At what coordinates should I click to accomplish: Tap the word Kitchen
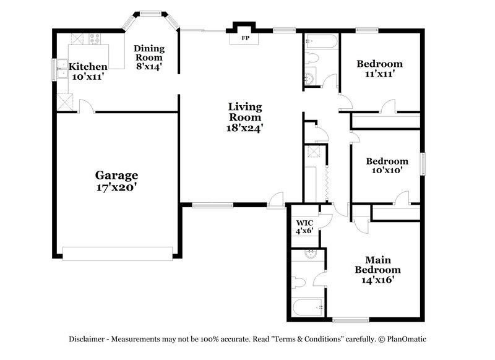tap(88, 67)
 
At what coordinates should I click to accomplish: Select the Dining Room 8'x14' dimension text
tap(149, 66)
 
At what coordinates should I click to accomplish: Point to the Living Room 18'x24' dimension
tap(245, 128)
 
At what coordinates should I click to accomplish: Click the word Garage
tap(116, 175)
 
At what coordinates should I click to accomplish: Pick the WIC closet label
tap(304, 223)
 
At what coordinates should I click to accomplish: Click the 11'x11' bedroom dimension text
tap(379, 74)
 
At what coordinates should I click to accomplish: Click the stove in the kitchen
tap(95, 38)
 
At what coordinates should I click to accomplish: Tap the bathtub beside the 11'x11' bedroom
tap(321, 42)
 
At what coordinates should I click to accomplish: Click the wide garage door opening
tap(118, 254)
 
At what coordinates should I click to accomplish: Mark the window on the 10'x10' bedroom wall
tap(424, 164)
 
